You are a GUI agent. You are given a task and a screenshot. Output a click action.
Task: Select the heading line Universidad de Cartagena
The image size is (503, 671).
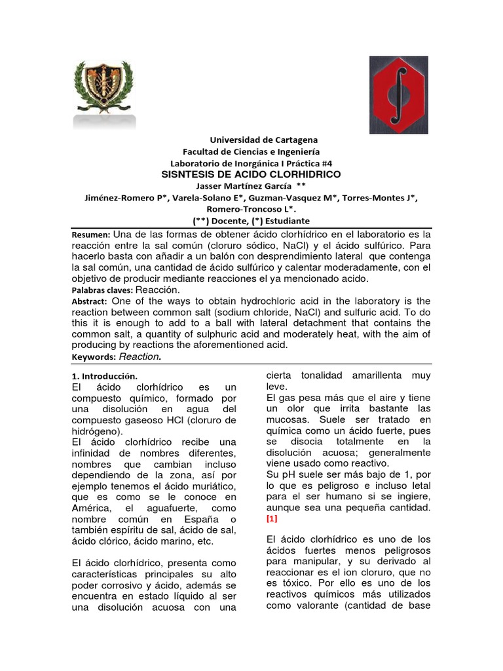pos(263,140)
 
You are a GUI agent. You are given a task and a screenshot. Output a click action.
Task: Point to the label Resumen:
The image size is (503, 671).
pos(90,235)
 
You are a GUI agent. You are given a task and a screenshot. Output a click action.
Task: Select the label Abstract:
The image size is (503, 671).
pos(89,301)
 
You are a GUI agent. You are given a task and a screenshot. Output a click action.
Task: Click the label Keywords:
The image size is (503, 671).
pos(92,357)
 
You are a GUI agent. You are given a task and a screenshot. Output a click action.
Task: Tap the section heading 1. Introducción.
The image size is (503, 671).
pos(104,377)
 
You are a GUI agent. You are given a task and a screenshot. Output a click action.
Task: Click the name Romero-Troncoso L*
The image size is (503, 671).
pos(251,210)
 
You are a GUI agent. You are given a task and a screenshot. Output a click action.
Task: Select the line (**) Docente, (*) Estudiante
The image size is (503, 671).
pos(251,221)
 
